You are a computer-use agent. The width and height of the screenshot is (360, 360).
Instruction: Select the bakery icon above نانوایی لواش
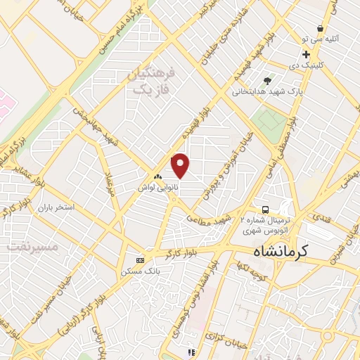157,177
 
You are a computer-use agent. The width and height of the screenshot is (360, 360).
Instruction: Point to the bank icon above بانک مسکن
140,259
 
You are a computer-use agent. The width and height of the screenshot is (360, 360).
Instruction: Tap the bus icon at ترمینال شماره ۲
265,210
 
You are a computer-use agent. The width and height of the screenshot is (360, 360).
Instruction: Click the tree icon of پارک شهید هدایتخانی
266,81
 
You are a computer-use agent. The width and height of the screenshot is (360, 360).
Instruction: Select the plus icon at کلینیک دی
306,54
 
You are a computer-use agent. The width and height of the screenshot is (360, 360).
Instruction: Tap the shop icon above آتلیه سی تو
321,29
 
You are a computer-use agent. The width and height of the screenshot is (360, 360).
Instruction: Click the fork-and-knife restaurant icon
190,353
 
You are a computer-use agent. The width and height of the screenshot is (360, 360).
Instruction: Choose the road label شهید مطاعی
209,220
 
